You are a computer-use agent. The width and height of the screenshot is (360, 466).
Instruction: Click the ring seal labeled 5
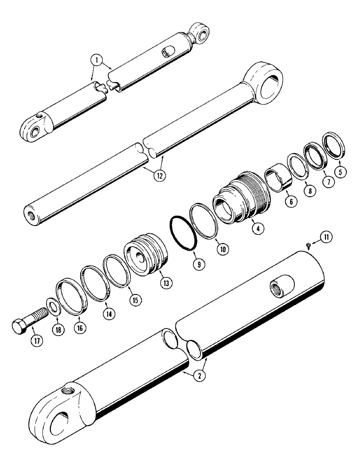[x=332, y=144]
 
